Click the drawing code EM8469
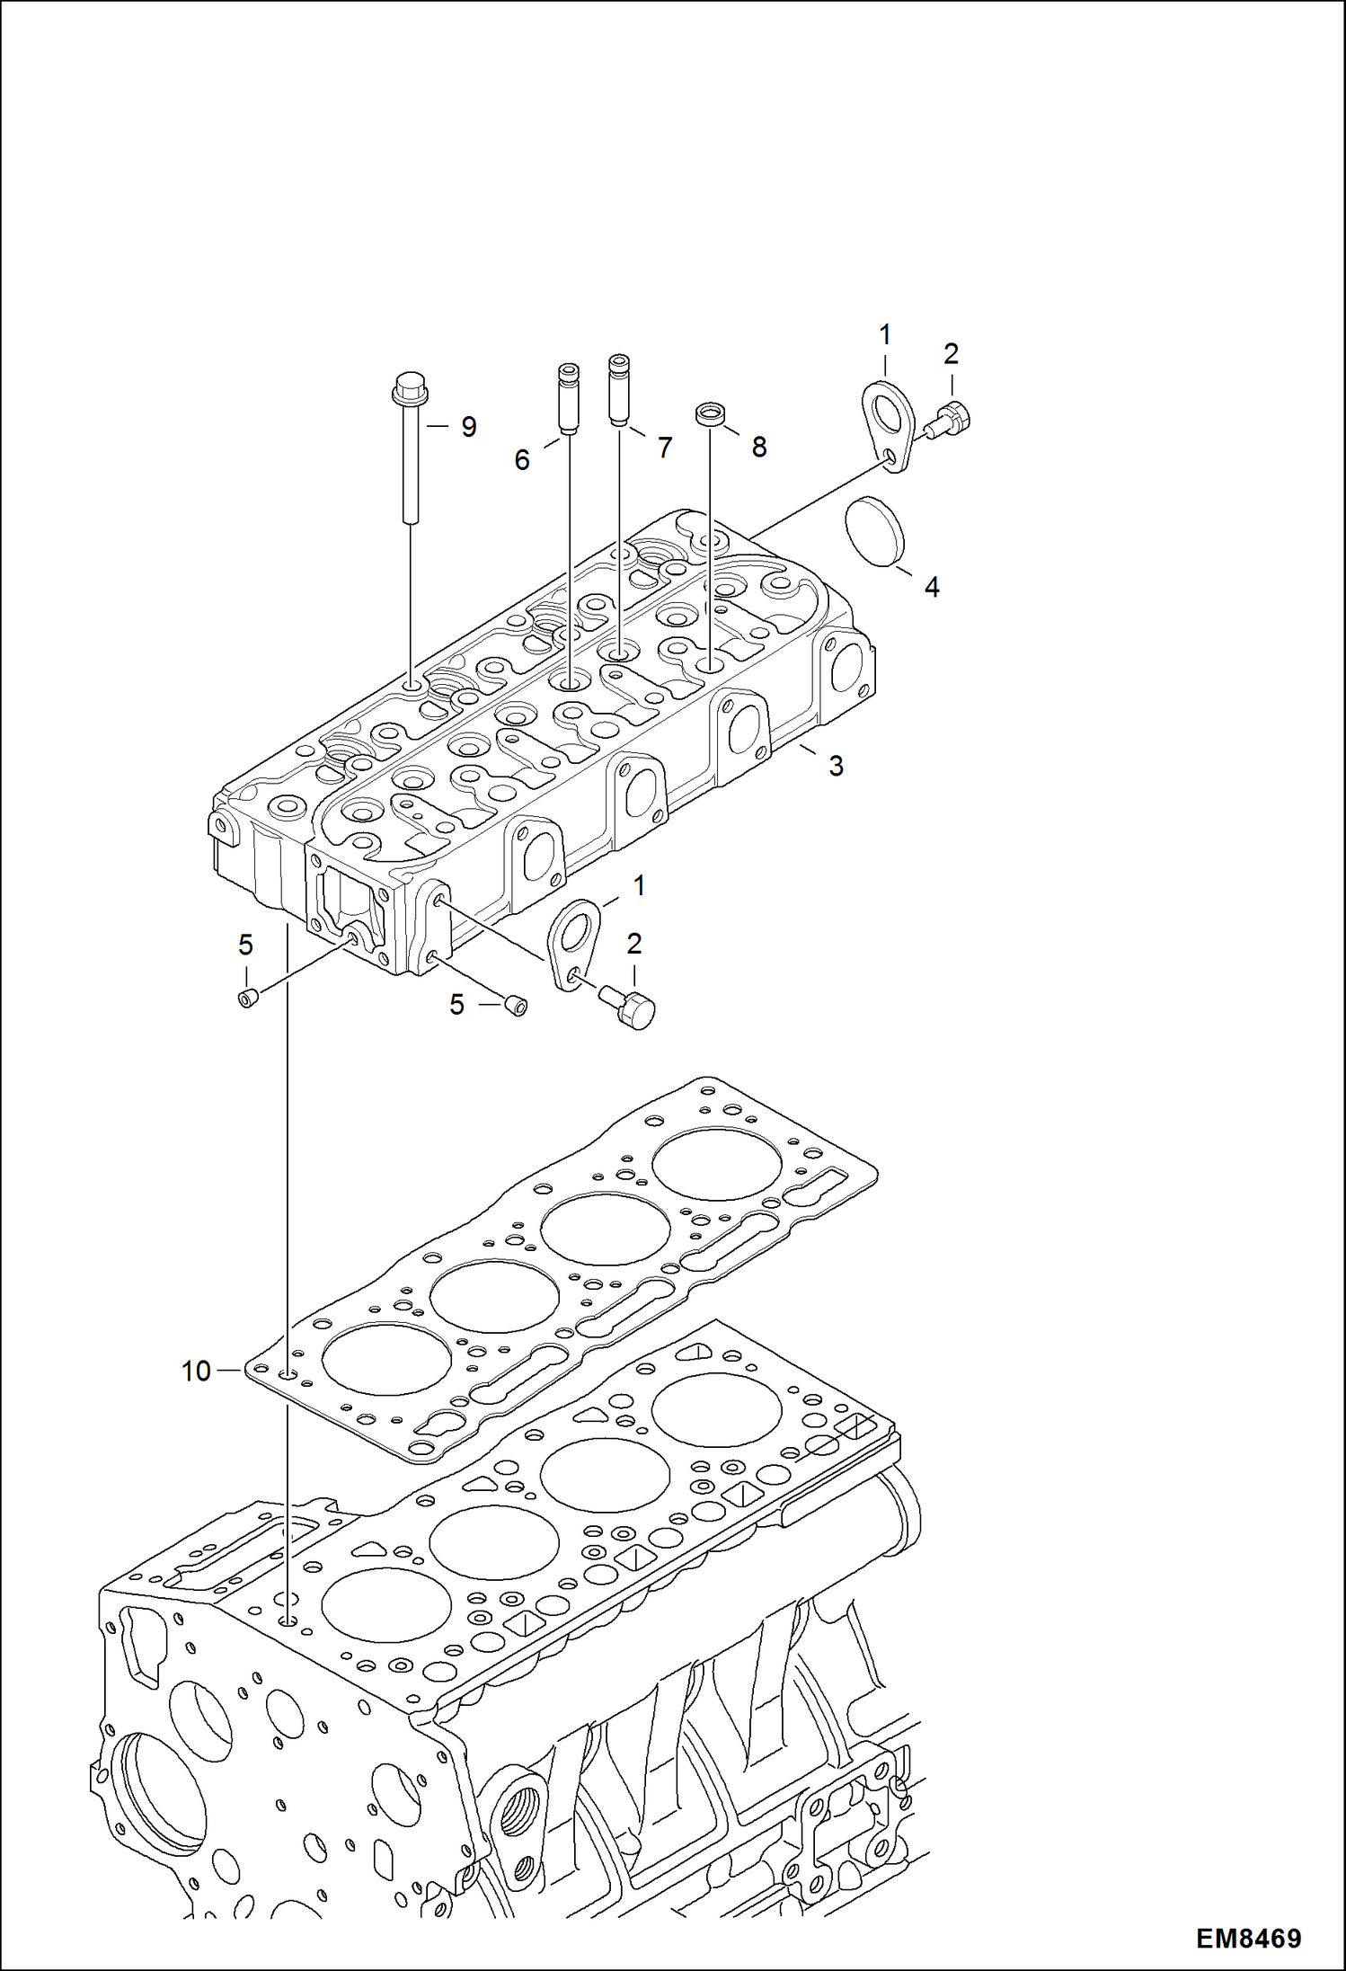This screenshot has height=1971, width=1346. click(x=1248, y=1939)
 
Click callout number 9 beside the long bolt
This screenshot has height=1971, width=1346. click(x=468, y=427)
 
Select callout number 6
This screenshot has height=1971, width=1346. click(x=522, y=460)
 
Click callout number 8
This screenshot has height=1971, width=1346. click(x=759, y=447)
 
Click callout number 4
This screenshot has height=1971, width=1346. click(x=932, y=587)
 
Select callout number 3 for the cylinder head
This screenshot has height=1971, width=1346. click(x=836, y=766)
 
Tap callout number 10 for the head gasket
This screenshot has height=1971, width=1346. click(x=196, y=1372)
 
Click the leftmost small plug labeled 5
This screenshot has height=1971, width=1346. click(x=247, y=997)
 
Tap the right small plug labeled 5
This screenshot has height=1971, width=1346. click(x=515, y=1006)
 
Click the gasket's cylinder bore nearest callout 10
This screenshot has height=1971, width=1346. click(x=386, y=1359)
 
